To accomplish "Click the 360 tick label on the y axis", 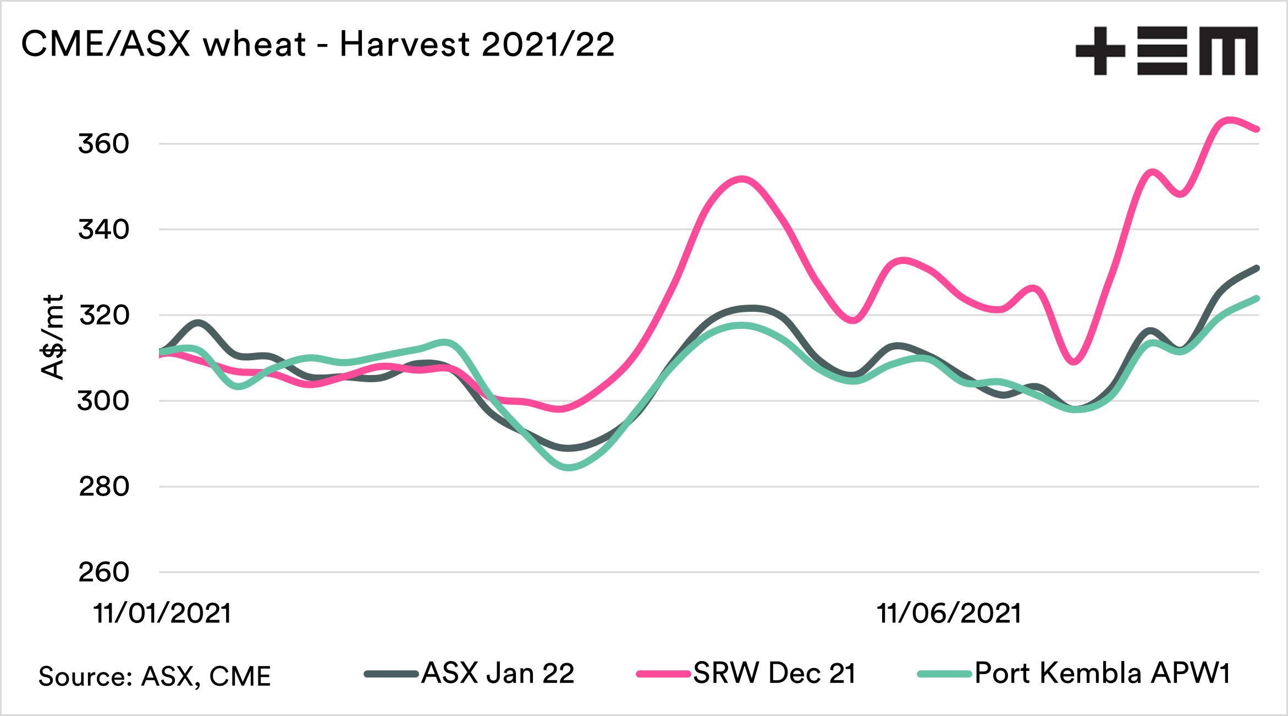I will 103,144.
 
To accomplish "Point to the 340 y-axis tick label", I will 103,229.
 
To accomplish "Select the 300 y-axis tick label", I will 103,401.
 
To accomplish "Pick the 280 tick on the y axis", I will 104,487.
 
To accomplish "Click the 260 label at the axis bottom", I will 104,572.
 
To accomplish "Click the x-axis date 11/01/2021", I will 162,613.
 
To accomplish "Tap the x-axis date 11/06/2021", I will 949,613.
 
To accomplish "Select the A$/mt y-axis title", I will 53,337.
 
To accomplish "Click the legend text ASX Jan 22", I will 498,673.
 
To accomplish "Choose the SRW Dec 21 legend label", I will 774,673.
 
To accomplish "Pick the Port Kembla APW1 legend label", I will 1102,673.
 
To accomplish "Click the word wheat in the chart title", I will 254,44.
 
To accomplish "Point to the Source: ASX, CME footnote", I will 155,676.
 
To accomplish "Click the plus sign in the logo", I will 1100,51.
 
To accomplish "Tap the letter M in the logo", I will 1229,51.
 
